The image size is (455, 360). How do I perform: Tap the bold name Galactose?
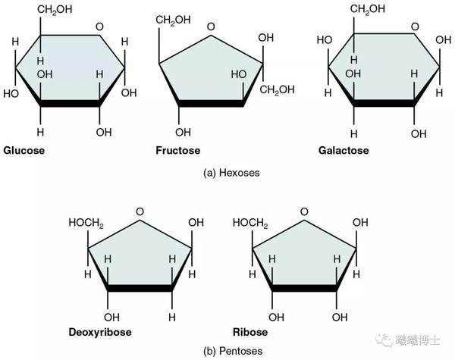(344, 150)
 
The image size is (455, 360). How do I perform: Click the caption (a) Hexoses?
(231, 173)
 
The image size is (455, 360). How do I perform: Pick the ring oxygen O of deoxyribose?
(139, 213)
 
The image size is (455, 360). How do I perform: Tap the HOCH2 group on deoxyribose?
(85, 223)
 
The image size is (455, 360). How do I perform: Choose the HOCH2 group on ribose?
(250, 223)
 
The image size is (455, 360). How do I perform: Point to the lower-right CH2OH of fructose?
(275, 92)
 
